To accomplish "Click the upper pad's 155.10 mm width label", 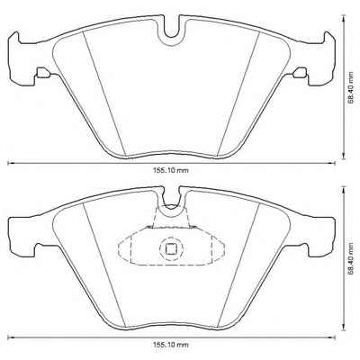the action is click(172, 170).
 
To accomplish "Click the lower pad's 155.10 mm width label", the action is click(172, 345).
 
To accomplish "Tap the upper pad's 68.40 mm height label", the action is click(351, 86).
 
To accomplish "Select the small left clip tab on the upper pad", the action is click(43, 72).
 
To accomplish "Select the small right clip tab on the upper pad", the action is click(300, 72).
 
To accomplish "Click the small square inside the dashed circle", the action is click(171, 248).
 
